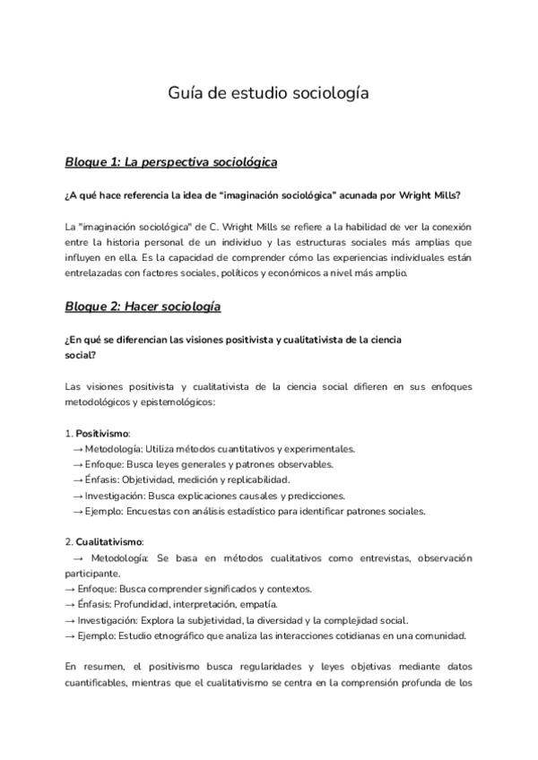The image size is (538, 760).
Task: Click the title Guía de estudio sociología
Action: pos(268,92)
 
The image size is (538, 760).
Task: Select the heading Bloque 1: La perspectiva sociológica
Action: pos(170,162)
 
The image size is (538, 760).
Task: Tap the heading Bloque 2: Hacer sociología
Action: pos(143,307)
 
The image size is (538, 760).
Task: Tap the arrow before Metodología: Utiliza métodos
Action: pos(78,449)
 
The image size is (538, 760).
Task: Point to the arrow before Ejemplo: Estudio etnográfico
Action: pos(71,635)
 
